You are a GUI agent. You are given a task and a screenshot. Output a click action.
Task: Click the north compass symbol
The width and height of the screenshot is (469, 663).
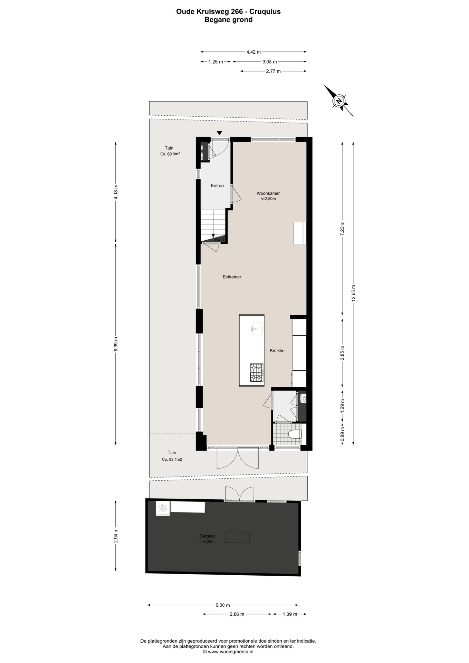coord(339,100)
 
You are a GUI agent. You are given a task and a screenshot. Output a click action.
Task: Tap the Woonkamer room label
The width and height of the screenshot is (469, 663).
coord(268,193)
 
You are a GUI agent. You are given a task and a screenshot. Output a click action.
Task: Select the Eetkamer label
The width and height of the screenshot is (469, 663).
coord(232,277)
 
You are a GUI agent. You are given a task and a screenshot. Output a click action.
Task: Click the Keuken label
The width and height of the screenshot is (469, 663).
coord(277,350)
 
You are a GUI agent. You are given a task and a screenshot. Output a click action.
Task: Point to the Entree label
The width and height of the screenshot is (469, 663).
coord(217,186)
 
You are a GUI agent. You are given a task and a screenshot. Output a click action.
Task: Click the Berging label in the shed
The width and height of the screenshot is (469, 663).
coord(207,536)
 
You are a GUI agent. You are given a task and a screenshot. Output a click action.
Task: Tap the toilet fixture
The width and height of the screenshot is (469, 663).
coord(295,434)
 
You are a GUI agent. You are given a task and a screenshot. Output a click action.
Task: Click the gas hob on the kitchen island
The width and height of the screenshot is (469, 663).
coord(256,373)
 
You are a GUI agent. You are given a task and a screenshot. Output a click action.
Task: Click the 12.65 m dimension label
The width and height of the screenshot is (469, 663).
coord(353,293)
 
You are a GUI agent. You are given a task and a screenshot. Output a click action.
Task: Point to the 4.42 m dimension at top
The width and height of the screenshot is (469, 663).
coord(253,52)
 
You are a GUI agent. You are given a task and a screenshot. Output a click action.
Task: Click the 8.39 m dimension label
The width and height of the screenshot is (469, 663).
coord(116,344)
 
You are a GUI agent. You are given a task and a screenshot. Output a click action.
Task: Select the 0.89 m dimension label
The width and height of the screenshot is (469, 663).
coord(343,434)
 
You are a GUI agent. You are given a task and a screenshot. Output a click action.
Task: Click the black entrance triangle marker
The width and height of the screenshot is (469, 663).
coord(219,133)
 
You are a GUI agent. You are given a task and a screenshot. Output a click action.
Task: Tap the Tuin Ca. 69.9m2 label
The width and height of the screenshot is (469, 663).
coord(170,151)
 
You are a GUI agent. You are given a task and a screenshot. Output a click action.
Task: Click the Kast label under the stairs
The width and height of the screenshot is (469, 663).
coord(220,239)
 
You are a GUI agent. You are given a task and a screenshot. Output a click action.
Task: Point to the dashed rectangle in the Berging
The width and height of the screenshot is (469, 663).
coord(237,537)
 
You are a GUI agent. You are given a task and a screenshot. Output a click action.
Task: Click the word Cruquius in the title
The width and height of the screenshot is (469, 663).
coord(265,11)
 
